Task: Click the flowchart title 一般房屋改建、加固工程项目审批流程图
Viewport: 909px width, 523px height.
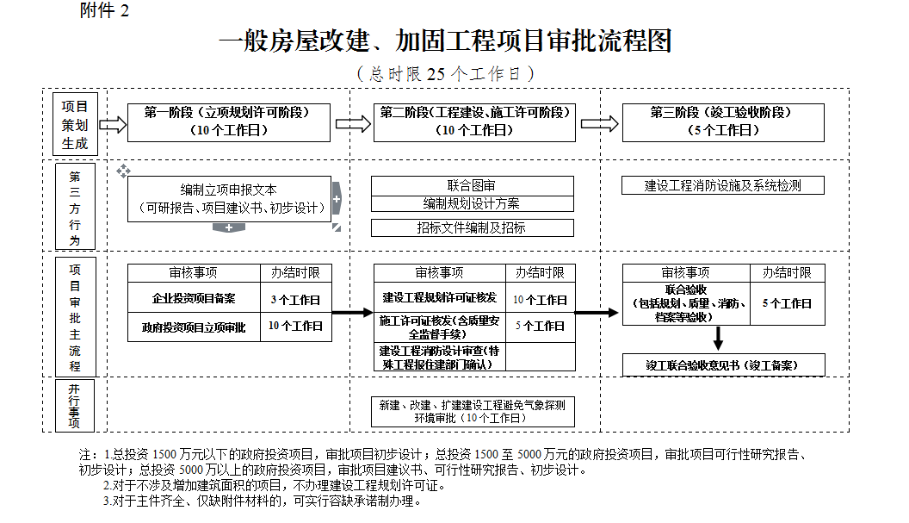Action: coord(445,41)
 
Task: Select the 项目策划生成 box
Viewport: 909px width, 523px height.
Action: coord(75,124)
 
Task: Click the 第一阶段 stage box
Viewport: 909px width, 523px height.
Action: coord(228,122)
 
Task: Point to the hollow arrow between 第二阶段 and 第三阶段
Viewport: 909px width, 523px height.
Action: coord(599,123)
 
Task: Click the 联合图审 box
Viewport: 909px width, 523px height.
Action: coord(472,185)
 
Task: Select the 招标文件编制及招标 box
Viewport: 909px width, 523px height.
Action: coord(472,227)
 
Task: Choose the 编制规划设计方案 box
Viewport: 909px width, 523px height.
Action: coord(472,204)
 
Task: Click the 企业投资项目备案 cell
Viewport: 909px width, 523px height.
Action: coord(194,300)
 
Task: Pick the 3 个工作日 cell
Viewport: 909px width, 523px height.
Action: coord(295,300)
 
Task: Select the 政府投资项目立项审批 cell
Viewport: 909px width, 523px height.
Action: coord(194,327)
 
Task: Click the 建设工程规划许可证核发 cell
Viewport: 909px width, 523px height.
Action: coord(439,298)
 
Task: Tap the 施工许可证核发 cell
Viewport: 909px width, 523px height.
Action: coord(439,327)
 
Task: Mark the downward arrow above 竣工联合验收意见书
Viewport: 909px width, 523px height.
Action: coord(717,337)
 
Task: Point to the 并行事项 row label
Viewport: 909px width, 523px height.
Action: coord(75,405)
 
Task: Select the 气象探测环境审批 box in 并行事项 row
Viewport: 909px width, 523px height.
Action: coord(472,411)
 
